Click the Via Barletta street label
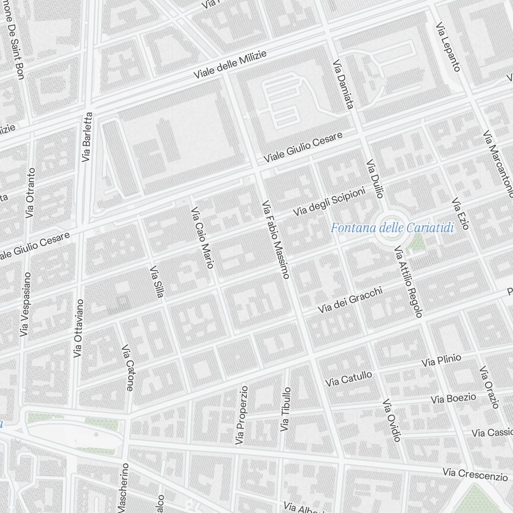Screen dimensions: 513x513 [x=87, y=136]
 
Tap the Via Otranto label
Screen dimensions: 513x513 [x=31, y=192]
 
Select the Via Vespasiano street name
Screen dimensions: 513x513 [x=25, y=304]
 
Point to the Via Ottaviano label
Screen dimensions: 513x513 [x=78, y=328]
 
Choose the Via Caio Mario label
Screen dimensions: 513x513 [x=202, y=238]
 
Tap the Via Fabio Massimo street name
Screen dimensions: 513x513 [x=275, y=239]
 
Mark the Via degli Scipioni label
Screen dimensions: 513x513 [x=329, y=201]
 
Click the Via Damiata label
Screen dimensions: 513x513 [x=343, y=85]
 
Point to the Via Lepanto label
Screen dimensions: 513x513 [x=448, y=46]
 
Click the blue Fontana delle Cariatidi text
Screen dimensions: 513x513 [x=392, y=228]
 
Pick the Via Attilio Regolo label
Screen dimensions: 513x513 [x=408, y=282]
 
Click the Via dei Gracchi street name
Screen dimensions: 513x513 [x=350, y=300]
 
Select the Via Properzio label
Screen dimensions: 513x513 [x=241, y=415]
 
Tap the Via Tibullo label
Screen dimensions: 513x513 [x=285, y=409]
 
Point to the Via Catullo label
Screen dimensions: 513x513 [x=348, y=379]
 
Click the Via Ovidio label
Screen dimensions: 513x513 [x=391, y=420]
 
